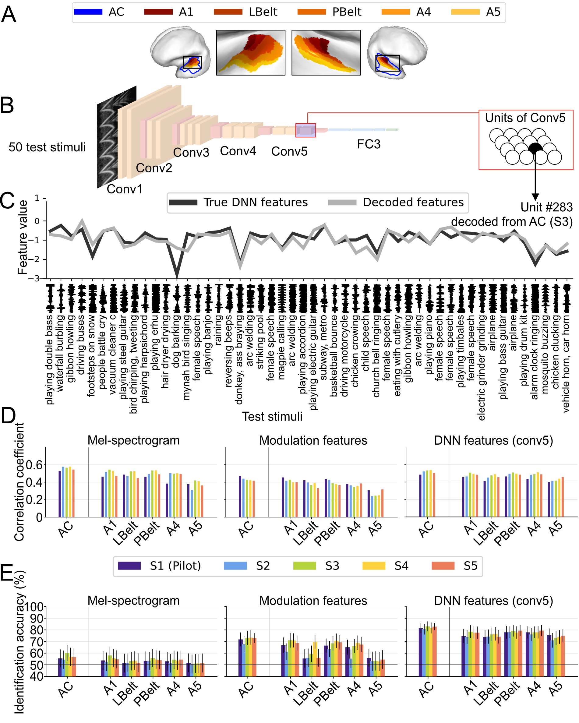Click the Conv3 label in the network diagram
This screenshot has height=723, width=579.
pos(191,153)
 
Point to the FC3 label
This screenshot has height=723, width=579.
pos(368,144)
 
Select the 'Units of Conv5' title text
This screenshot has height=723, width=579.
pos(525,118)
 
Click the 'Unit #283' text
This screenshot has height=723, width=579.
pos(546,207)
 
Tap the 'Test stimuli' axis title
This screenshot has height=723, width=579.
pos(272,417)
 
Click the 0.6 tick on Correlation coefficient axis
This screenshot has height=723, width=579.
pos(34,465)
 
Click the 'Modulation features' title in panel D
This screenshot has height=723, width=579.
pos(313,440)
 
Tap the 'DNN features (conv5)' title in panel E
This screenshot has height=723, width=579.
pos(493,600)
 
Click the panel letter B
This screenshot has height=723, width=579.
pos(7,105)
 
